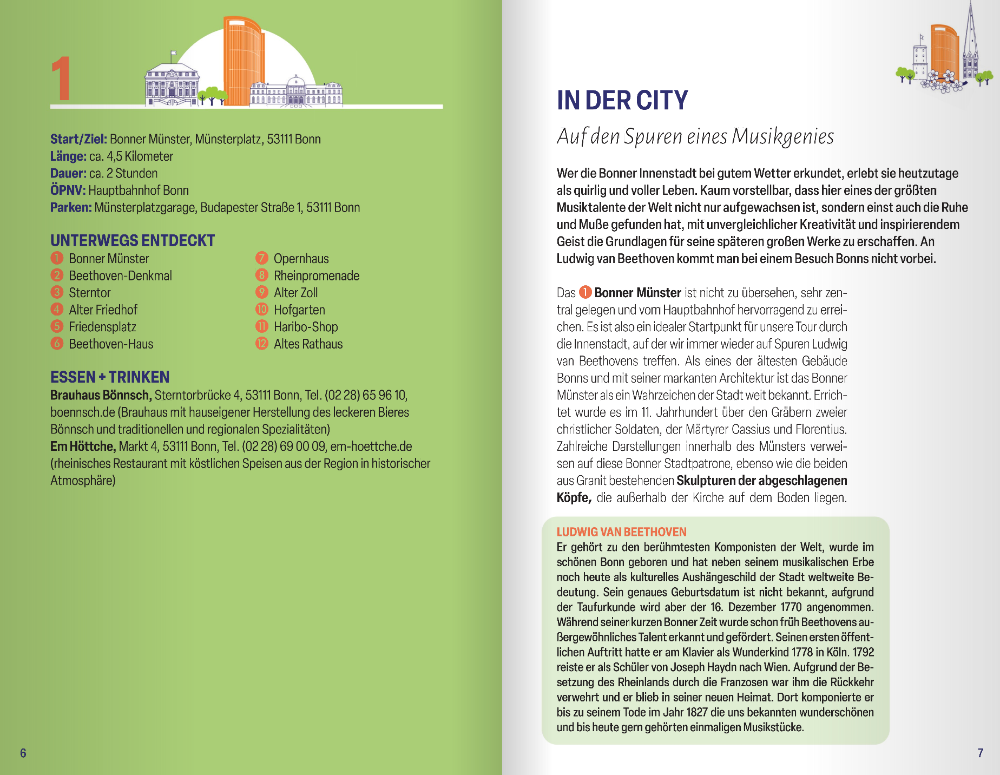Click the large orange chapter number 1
click(x=62, y=80)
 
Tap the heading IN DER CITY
click(x=622, y=101)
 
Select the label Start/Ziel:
click(x=78, y=139)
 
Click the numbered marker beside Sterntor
click(x=57, y=292)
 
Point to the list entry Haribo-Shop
click(x=305, y=327)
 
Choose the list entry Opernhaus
click(x=301, y=259)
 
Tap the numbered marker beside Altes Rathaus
click(x=262, y=344)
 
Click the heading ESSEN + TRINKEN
click(x=110, y=377)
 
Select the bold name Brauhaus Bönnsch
click(x=101, y=395)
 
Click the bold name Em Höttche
click(x=83, y=446)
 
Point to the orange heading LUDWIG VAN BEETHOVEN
click(x=621, y=532)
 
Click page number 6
click(x=23, y=753)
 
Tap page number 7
click(x=980, y=753)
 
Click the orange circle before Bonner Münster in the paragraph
click(x=585, y=292)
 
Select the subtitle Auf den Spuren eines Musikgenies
click(x=695, y=136)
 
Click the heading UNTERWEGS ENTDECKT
click(x=133, y=241)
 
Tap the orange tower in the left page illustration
click(x=243, y=62)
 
